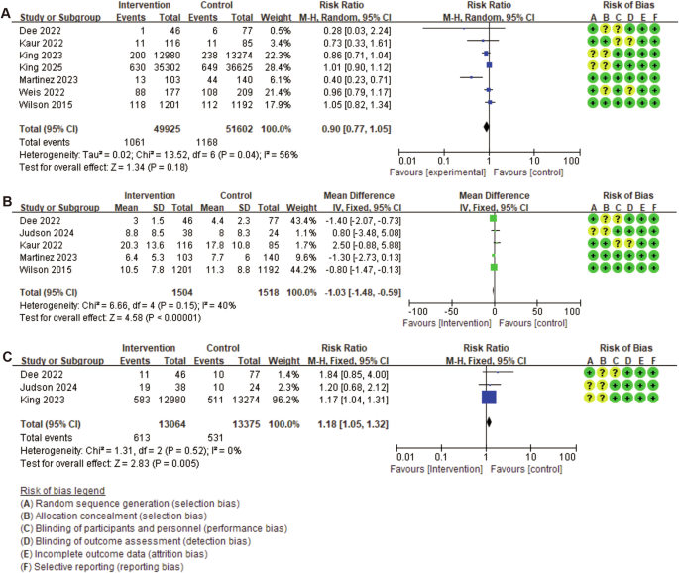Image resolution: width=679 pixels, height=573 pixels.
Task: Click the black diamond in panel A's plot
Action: tap(486, 126)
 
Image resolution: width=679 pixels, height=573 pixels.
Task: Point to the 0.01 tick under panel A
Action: tap(405, 158)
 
